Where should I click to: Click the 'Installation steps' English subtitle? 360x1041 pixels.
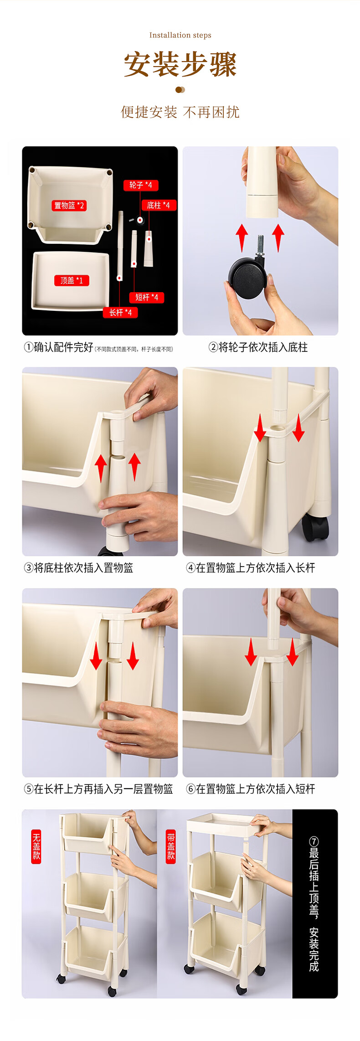pyautogui.click(x=180, y=35)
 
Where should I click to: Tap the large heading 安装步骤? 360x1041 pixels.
pyautogui.click(x=180, y=64)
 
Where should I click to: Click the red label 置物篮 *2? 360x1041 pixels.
pyautogui.click(x=69, y=206)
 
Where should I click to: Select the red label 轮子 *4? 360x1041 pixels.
pyautogui.click(x=141, y=185)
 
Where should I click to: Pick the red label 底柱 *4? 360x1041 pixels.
pyautogui.click(x=158, y=205)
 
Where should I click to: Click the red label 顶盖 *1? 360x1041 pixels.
pyautogui.click(x=72, y=280)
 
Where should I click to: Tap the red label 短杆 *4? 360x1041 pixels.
pyautogui.click(x=147, y=297)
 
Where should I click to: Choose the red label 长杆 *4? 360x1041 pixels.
pyautogui.click(x=120, y=312)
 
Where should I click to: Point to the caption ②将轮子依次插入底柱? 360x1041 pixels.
pyautogui.click(x=258, y=347)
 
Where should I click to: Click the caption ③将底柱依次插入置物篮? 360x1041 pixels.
pyautogui.click(x=78, y=568)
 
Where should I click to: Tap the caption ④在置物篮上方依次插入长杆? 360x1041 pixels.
pyautogui.click(x=251, y=568)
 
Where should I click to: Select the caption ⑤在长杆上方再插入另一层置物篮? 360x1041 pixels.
pyautogui.click(x=98, y=789)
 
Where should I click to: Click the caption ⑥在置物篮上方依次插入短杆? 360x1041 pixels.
pyautogui.click(x=251, y=789)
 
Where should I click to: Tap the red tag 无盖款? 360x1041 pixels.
pyautogui.click(x=36, y=846)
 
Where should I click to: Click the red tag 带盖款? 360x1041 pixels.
pyautogui.click(x=171, y=846)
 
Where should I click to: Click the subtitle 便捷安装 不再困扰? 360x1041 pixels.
pyautogui.click(x=180, y=112)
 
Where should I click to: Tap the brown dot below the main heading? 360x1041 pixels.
pyautogui.click(x=180, y=90)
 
